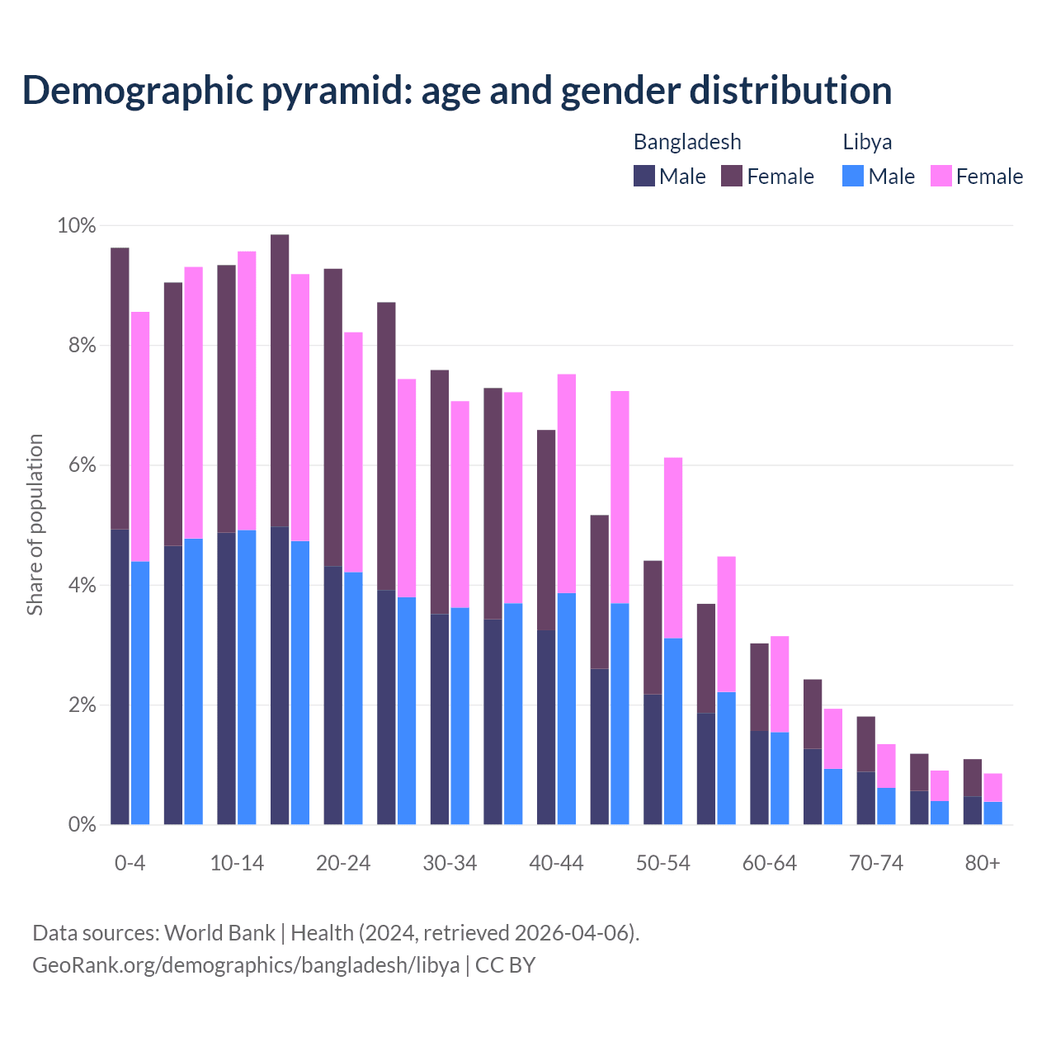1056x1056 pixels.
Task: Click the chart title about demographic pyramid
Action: (457, 91)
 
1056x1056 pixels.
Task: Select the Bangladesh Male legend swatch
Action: (644, 176)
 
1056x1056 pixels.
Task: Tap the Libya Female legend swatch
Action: (941, 176)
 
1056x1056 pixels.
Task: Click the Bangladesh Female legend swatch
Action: (732, 176)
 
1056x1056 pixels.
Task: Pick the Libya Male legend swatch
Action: (853, 176)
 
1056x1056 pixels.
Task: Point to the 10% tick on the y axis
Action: (77, 226)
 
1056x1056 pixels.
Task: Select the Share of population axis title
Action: (35, 525)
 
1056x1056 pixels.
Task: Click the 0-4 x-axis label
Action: (130, 863)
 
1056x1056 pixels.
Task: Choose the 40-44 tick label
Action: (556, 863)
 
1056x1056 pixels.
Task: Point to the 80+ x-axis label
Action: (982, 863)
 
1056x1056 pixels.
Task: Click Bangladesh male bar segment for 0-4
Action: (120, 676)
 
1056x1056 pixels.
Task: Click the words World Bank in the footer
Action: (219, 933)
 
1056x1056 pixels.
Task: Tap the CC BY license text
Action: (505, 964)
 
